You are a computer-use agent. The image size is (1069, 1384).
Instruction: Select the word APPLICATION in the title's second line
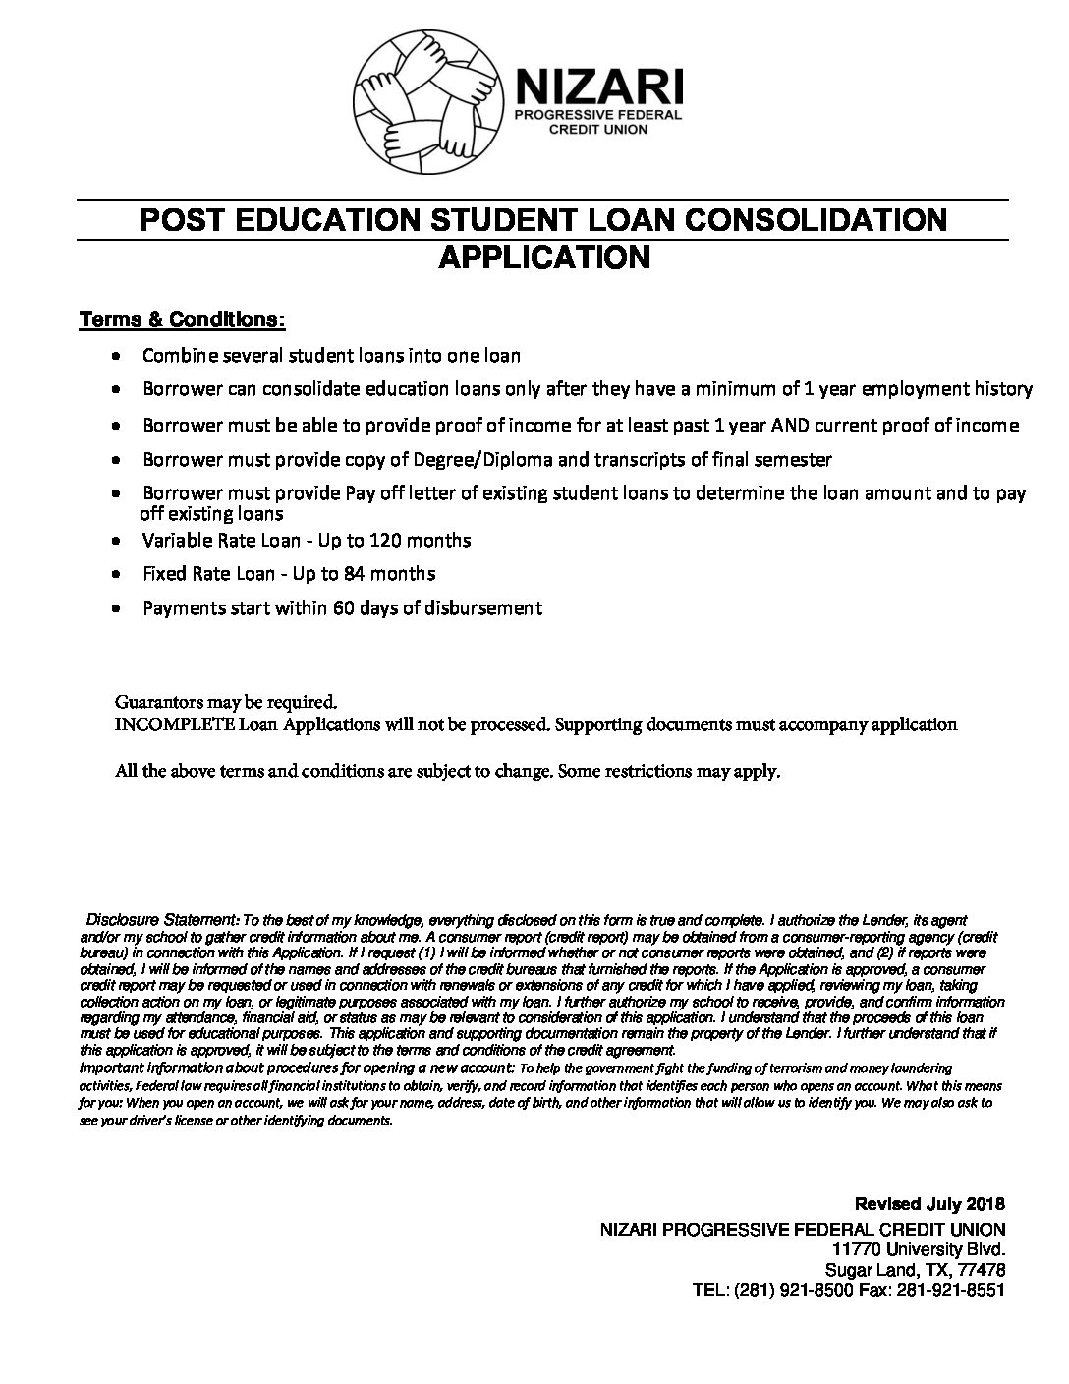[x=543, y=258]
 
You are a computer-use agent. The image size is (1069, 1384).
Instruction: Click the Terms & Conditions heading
[x=183, y=320]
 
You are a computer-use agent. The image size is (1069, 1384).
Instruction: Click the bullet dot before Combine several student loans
[x=117, y=356]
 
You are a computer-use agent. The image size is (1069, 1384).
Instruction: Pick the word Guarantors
[x=155, y=703]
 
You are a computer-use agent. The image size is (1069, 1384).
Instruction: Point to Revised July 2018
[x=929, y=1204]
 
